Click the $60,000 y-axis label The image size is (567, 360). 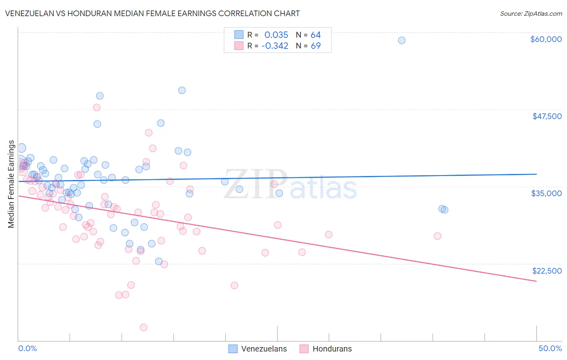point(546,39)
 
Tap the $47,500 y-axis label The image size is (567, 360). point(547,116)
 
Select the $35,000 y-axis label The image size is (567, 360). point(546,193)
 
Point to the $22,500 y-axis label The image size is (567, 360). point(547,271)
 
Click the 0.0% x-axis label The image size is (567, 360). point(27,348)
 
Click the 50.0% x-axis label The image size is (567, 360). point(550,348)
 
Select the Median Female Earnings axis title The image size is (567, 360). point(11,184)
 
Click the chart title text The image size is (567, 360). point(152,13)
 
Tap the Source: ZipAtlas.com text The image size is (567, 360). point(531,13)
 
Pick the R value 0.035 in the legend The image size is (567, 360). point(276,35)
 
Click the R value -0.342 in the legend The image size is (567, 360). point(275,46)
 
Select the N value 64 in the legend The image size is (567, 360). point(315,35)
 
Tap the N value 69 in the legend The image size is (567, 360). point(315,46)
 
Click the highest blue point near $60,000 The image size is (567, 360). point(402,40)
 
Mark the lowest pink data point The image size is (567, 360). point(144,327)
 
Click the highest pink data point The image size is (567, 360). point(97,107)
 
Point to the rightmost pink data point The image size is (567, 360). point(438,236)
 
